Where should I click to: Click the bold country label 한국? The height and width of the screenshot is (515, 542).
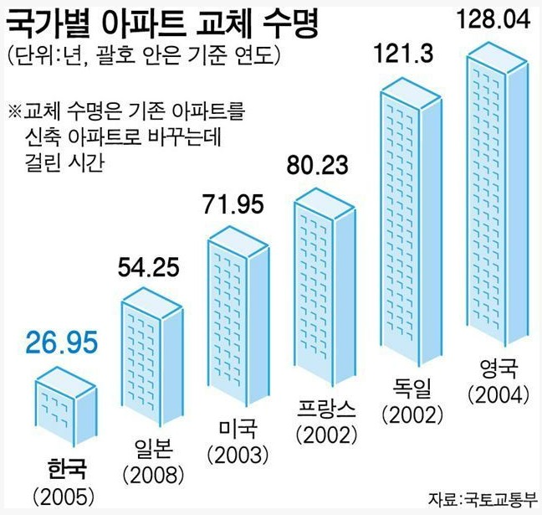click(x=67, y=465)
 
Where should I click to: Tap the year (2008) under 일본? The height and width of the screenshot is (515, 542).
click(x=153, y=475)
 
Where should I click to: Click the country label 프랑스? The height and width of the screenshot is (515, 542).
click(x=326, y=409)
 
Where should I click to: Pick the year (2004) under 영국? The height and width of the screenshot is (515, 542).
click(x=499, y=393)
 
